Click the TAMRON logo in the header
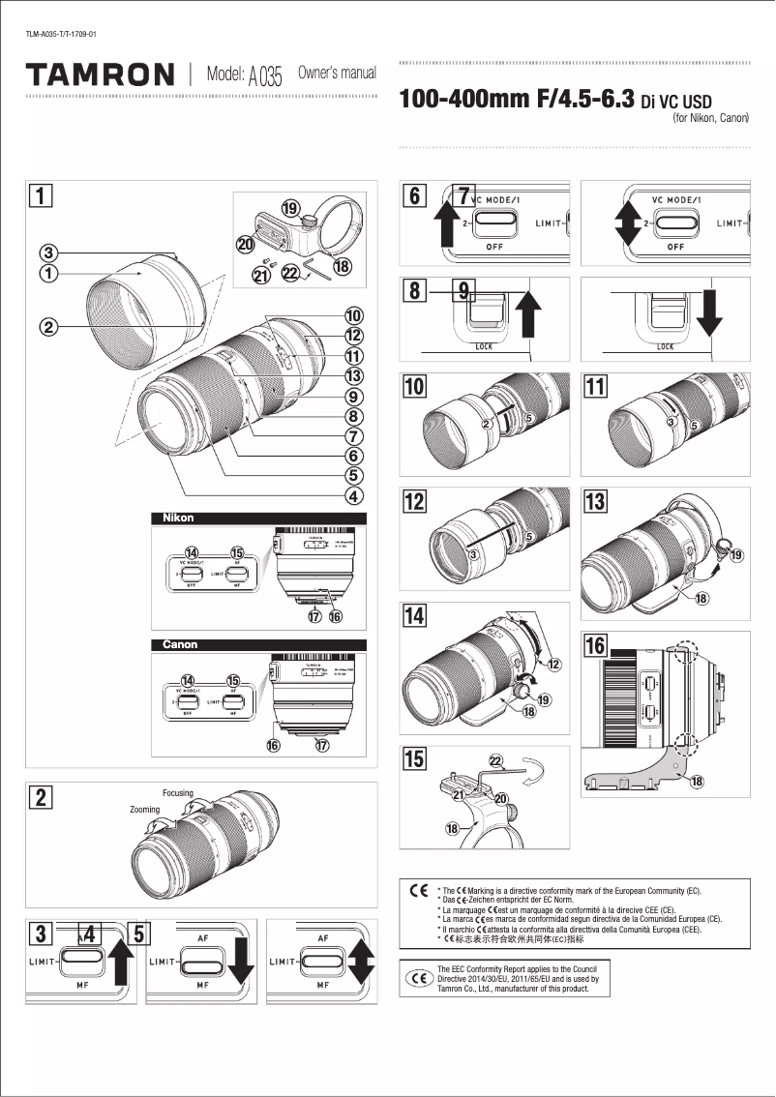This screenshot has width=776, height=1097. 101,74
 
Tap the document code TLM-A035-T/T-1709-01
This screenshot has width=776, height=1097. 61,35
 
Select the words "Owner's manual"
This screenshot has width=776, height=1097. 337,74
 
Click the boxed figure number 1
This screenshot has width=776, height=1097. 40,196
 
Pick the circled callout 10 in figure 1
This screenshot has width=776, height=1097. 354,315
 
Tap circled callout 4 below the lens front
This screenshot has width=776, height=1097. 354,496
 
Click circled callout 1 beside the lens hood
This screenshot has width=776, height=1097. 46,273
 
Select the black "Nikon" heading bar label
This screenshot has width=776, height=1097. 179,519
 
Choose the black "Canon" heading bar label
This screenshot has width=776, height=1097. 180,644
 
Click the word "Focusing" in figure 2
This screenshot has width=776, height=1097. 178,793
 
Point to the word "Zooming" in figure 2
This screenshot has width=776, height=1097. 144,810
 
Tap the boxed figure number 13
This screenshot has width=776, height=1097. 595,501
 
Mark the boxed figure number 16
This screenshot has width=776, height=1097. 595,644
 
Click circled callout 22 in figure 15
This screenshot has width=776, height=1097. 495,761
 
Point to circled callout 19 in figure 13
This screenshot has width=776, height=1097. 736,555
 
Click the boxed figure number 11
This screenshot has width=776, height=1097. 595,386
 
